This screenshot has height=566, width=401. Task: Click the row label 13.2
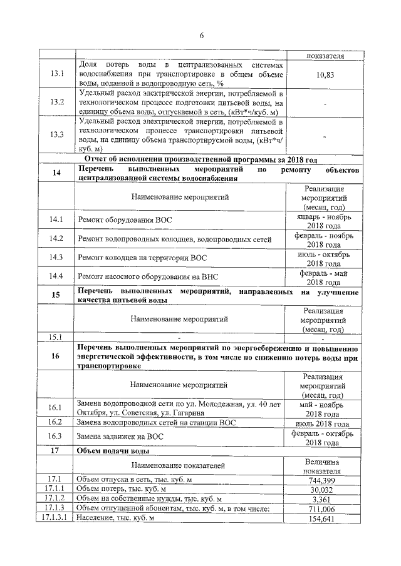tap(57, 102)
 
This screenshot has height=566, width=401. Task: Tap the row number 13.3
tap(57, 134)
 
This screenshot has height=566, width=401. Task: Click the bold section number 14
tap(56, 173)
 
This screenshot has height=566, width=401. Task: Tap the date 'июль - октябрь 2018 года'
tap(323, 257)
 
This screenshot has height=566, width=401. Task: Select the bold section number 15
tap(56, 296)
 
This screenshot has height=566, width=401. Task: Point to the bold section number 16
tap(56, 356)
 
